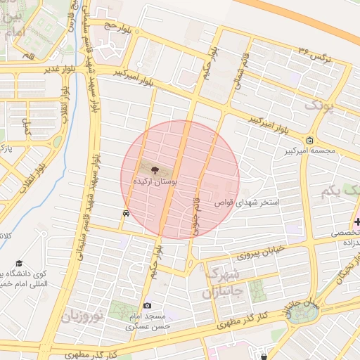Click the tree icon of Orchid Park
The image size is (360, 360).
pos(155,169)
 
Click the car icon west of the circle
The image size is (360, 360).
pos(125,213)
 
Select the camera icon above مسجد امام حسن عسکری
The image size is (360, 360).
pos(147,306)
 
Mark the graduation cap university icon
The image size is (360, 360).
pos(18,264)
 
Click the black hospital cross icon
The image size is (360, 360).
pos(357,222)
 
